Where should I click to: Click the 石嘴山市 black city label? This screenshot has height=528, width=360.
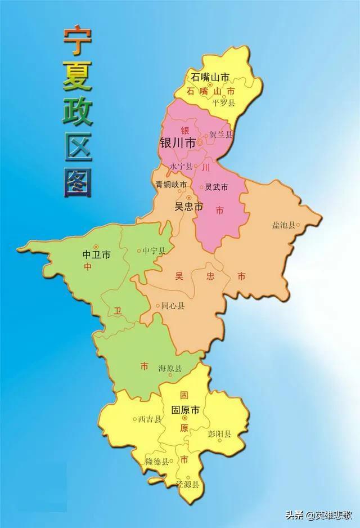click(210, 77)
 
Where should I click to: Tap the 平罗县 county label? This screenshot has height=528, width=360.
click(223, 102)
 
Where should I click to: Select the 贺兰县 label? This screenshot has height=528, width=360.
click(220, 135)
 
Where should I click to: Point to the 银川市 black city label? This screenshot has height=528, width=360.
click(178, 144)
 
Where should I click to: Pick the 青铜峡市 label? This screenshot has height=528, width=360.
click(172, 185)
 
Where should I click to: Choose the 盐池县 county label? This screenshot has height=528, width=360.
click(283, 225)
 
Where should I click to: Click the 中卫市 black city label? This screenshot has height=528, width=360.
click(96, 255)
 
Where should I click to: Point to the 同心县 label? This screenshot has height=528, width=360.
click(173, 306)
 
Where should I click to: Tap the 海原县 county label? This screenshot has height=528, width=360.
click(170, 368)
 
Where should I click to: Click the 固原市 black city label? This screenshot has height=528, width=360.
click(186, 409)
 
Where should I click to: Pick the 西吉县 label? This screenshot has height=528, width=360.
click(150, 419)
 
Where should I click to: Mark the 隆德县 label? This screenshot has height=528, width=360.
click(157, 461)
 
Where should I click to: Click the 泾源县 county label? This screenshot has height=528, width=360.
click(187, 484)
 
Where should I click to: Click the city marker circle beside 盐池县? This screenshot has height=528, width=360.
click(298, 225)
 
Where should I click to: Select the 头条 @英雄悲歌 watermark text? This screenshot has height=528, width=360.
click(319, 514)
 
